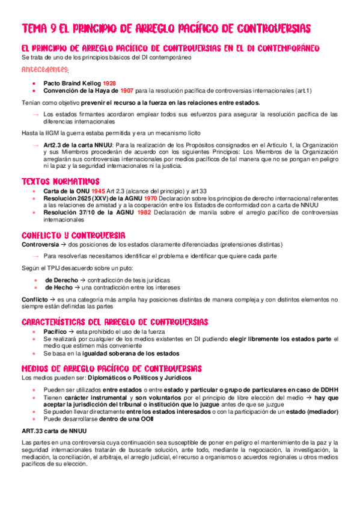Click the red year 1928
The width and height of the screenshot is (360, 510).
pyautogui.click(x=109, y=83)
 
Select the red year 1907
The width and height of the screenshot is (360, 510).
pyautogui.click(x=126, y=91)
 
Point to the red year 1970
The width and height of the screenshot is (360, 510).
pyautogui.click(x=151, y=198)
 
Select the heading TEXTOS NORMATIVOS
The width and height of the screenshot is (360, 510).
pyautogui.click(x=60, y=181)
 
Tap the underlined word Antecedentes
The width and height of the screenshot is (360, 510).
pyautogui.click(x=45, y=70)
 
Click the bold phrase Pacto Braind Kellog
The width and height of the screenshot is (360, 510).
pyautogui.click(x=72, y=83)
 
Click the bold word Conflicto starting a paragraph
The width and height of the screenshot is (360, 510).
pyautogui.click(x=34, y=299)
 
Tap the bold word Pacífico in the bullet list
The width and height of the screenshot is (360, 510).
pyautogui.click(x=55, y=332)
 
